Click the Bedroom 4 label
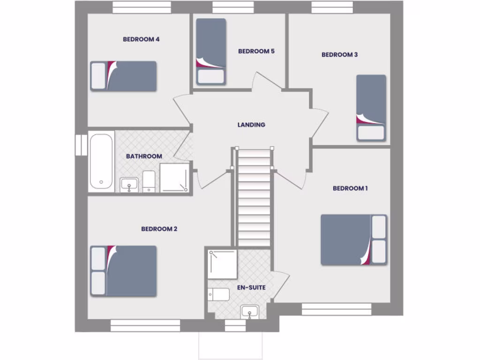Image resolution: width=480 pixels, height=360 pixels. click(x=141, y=39)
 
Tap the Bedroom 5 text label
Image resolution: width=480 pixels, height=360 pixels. click(x=256, y=51)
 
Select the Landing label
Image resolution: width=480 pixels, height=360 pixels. click(x=251, y=125)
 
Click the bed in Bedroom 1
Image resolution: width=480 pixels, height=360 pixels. click(x=353, y=240)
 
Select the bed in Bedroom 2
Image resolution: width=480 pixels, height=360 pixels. click(x=123, y=271)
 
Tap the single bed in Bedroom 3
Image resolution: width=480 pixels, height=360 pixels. click(x=371, y=108)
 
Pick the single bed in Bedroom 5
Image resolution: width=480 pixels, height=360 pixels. click(x=210, y=51)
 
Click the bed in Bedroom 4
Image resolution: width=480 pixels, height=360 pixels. click(x=123, y=76)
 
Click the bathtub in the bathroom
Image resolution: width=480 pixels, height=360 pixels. click(x=101, y=162)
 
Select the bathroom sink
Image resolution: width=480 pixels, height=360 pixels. click(x=129, y=184)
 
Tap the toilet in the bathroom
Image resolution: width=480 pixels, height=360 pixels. click(x=149, y=181)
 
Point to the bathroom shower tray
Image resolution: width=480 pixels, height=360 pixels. click(x=174, y=178)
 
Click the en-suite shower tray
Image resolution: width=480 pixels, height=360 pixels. click(x=223, y=264)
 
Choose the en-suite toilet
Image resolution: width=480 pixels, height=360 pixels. click(x=219, y=294)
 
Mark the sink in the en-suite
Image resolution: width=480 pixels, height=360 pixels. click(x=249, y=312)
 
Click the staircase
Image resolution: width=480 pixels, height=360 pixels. click(x=254, y=197)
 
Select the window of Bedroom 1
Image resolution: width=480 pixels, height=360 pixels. click(x=336, y=309)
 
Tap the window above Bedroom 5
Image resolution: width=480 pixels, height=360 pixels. click(x=233, y=7)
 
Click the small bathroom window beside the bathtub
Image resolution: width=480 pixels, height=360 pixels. click(x=81, y=144)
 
